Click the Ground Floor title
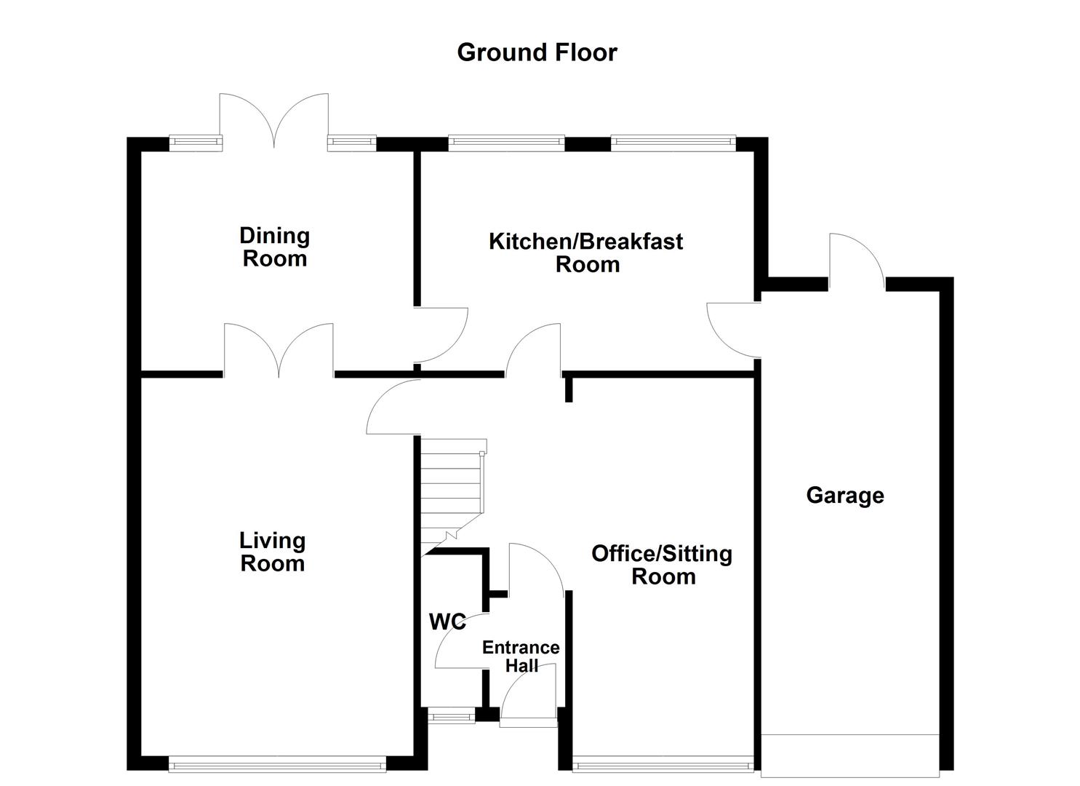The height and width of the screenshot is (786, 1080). click(537, 52)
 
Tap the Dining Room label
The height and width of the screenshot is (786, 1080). click(274, 247)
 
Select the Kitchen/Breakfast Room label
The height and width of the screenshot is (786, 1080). click(585, 252)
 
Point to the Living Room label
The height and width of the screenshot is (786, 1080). click(273, 552)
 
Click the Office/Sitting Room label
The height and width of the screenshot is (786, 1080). click(662, 565)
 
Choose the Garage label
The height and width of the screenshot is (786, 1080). click(845, 496)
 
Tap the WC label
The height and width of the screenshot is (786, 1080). click(447, 622)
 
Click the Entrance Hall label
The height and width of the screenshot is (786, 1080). click(521, 656)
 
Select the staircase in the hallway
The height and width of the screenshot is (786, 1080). click(451, 491)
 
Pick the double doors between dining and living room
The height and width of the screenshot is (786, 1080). click(279, 351)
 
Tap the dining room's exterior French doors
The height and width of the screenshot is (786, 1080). click(274, 120)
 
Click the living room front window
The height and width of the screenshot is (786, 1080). click(277, 764)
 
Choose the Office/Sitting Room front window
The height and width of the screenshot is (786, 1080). click(663, 765)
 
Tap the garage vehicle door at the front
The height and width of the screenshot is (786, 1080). click(849, 755)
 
